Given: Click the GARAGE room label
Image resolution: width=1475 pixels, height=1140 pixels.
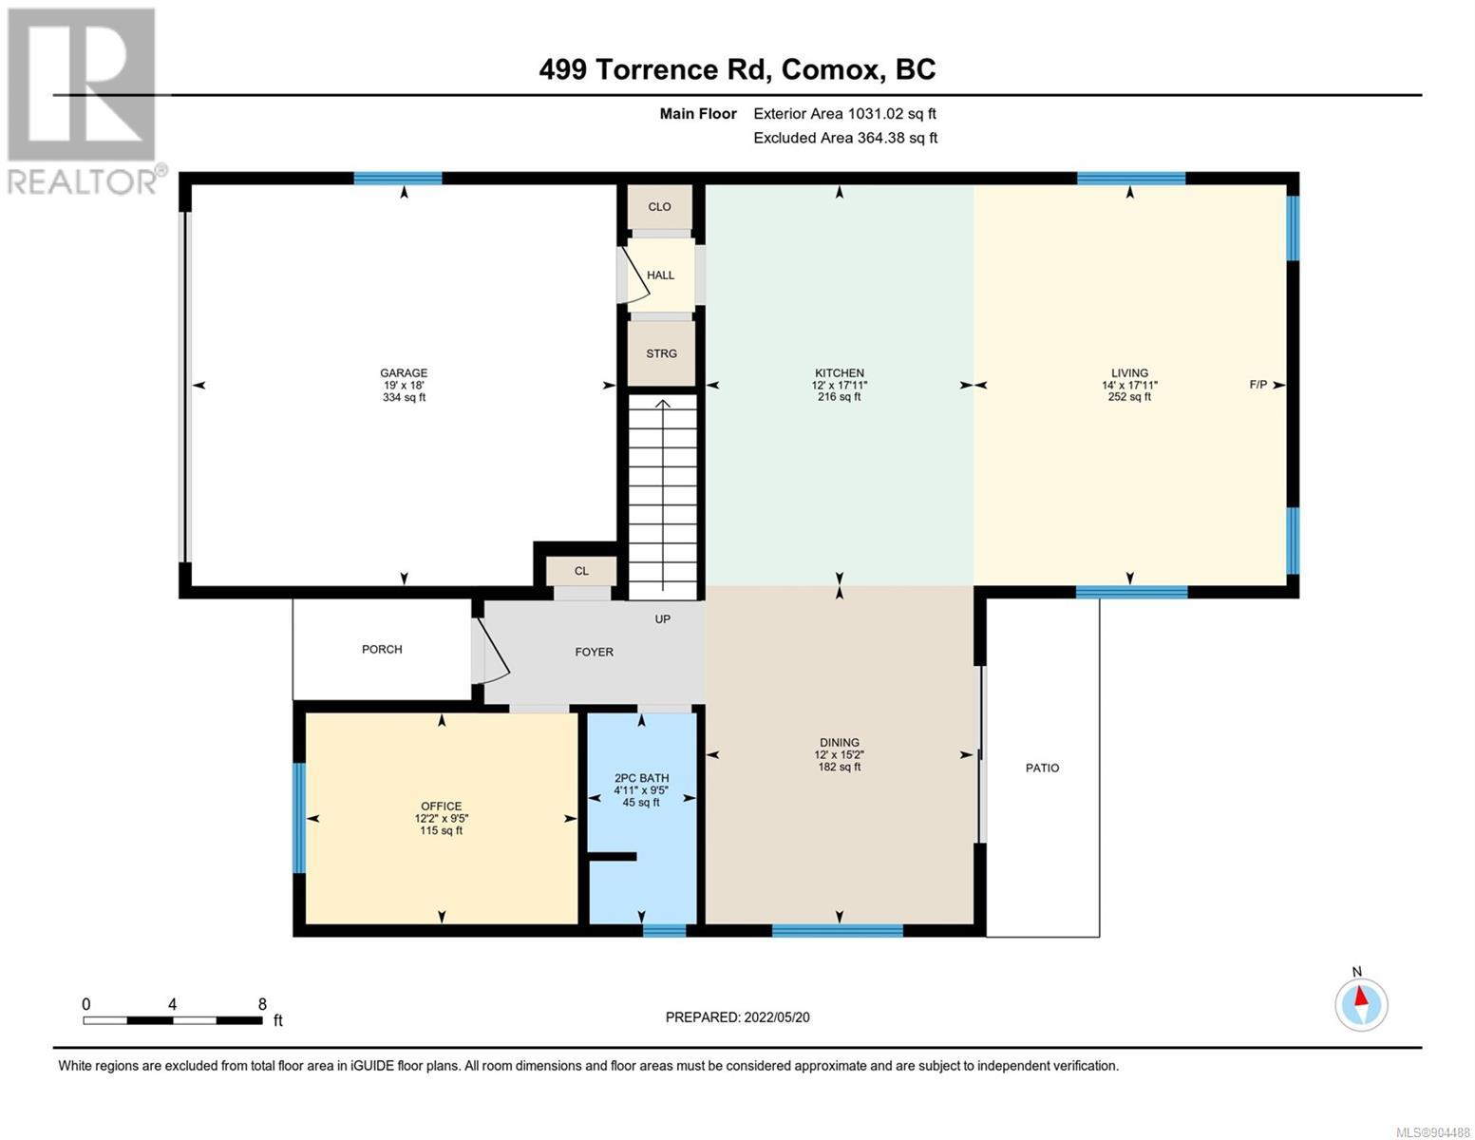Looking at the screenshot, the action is point(404,372).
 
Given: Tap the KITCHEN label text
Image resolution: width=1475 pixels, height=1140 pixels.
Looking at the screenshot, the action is point(839,372).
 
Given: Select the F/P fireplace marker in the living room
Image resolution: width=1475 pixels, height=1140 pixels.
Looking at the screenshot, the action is point(1258,385).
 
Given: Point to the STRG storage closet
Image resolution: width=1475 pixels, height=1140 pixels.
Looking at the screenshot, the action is point(661,353).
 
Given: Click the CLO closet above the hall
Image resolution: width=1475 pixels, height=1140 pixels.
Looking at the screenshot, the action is point(659,206).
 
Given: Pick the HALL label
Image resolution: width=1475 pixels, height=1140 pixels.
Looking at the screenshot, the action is point(660,275).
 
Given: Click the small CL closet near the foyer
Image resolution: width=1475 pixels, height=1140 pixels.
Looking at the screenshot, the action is point(581,571).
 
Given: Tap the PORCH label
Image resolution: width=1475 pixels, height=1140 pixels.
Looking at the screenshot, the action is point(382,649).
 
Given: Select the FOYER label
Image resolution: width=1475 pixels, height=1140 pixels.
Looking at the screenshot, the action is point(594,652).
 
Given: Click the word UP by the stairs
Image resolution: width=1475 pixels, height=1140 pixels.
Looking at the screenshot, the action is point(663,618).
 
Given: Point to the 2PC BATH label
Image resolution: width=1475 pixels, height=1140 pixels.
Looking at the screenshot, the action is point(641,778).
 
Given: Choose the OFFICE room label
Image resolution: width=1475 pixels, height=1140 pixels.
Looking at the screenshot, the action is point(442,806).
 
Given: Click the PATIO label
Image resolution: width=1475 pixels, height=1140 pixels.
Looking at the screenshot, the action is point(1042,768).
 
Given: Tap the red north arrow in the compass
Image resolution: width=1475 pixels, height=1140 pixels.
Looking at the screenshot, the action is point(1360,996).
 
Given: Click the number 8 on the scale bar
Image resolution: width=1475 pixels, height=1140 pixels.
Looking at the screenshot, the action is point(262,1003).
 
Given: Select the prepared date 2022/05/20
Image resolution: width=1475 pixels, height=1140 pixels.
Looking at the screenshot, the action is point(777,1017).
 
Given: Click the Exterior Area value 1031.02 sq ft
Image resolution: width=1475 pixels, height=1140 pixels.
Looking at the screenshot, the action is point(891,113).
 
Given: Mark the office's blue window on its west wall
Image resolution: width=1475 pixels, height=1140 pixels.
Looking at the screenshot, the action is point(298,818).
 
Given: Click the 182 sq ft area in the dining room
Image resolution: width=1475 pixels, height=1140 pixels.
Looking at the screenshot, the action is point(839,767).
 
